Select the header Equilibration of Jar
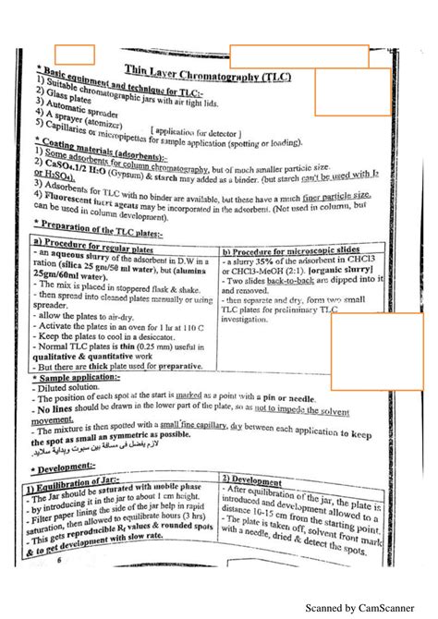tap(88, 485)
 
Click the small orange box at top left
tap(75, 55)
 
